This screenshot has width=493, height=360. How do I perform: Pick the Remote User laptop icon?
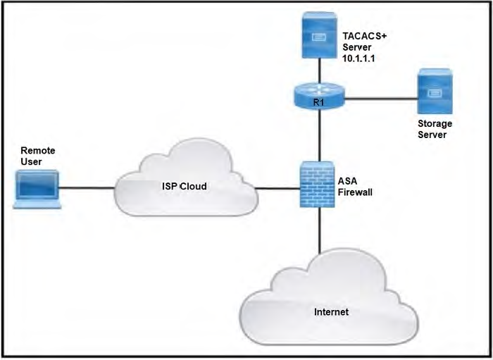click(x=37, y=189)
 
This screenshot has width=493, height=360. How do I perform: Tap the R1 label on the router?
click(x=319, y=104)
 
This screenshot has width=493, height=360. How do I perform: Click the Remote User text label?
click(x=37, y=156)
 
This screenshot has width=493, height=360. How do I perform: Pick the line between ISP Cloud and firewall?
click(x=275, y=188)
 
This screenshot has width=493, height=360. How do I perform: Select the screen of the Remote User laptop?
click(x=37, y=186)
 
